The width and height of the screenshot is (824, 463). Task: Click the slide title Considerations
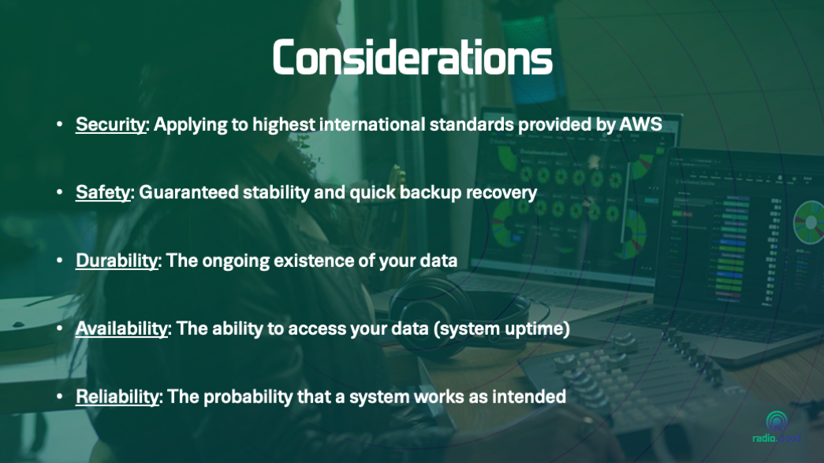click(412, 57)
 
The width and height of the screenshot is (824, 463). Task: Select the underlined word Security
click(110, 124)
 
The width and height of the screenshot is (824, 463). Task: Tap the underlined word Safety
click(103, 192)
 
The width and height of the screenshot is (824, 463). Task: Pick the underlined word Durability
click(117, 261)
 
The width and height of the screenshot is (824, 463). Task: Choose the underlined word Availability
click(121, 328)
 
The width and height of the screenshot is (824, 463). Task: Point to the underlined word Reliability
click(117, 396)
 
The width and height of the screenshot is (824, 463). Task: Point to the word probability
click(248, 396)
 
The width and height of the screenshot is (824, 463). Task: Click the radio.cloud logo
click(776, 427)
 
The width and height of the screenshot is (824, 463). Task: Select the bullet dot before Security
click(59, 124)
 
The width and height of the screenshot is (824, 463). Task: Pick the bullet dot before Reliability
click(59, 396)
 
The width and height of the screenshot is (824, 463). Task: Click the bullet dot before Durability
click(59, 261)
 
